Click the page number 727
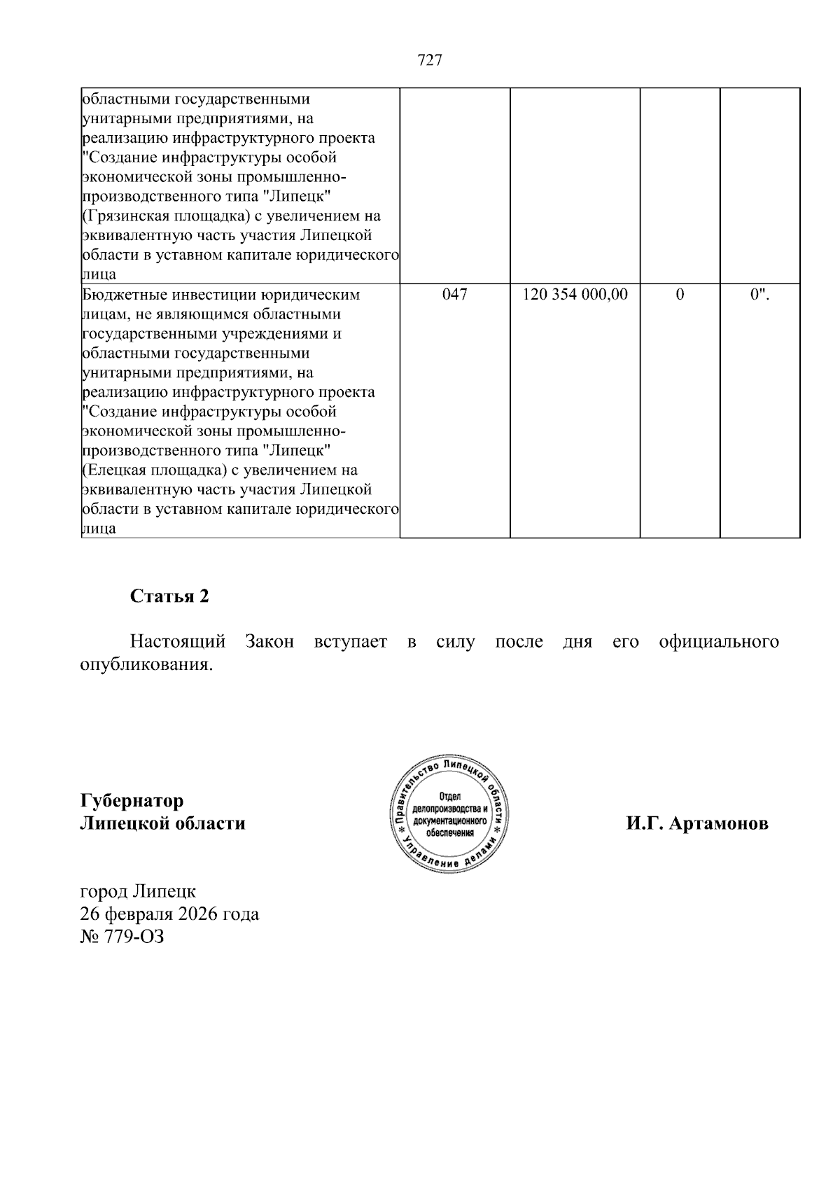coord(429,61)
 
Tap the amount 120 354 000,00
coord(575,295)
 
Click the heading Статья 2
coord(169,596)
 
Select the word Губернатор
coord(132,800)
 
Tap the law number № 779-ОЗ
coord(122,937)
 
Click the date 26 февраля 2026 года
coord(170,914)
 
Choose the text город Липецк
coord(139,891)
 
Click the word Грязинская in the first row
coord(126,216)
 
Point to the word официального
coord(719,642)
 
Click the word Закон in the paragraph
coord(269,642)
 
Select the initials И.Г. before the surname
coord(645,823)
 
